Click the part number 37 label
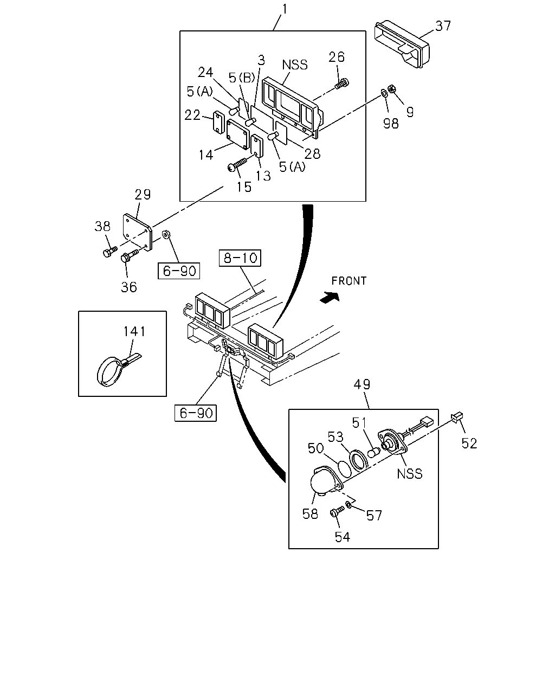click(443, 26)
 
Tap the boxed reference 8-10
click(240, 258)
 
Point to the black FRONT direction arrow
click(330, 297)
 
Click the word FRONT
click(349, 281)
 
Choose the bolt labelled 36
click(128, 256)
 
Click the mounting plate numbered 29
click(137, 232)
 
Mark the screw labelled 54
click(337, 511)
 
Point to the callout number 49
click(362, 384)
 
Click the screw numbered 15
click(237, 164)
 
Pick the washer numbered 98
click(384, 94)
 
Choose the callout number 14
click(206, 155)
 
